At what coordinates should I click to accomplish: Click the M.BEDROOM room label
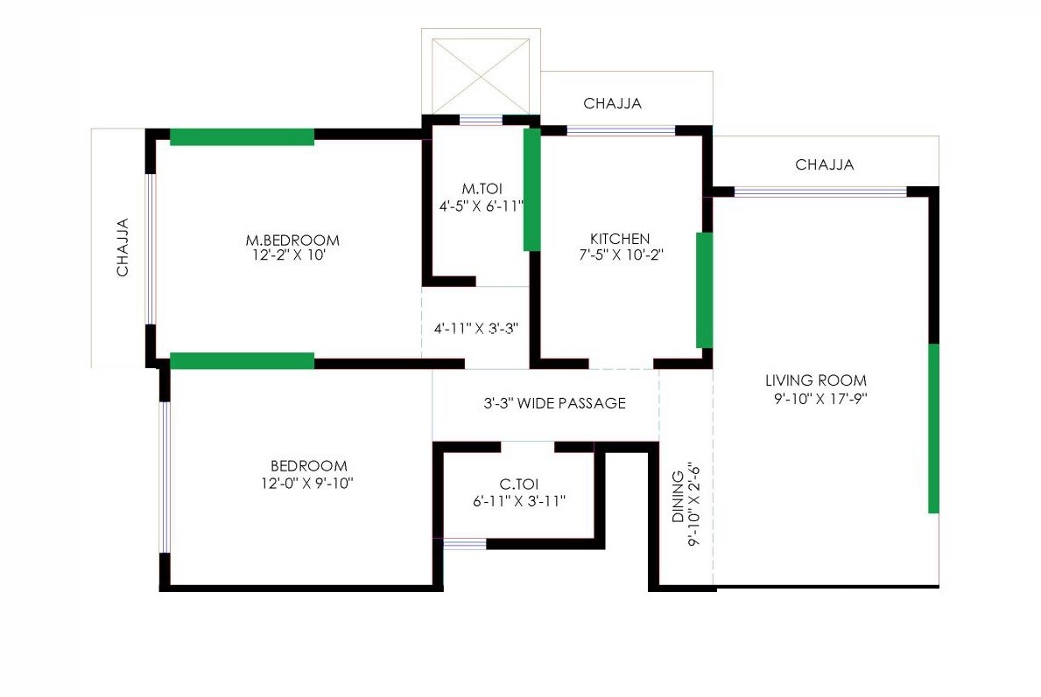(x=292, y=240)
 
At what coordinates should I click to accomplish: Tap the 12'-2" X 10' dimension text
(x=292, y=256)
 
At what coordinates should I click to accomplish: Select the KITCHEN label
(x=620, y=239)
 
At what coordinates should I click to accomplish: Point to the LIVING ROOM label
(x=816, y=380)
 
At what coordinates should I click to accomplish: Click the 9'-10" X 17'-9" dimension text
(x=816, y=398)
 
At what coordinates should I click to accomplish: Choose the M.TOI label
(x=481, y=189)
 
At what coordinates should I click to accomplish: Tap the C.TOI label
(x=518, y=484)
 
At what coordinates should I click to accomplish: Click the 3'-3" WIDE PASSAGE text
(x=555, y=403)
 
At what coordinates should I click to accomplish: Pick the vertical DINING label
(x=679, y=497)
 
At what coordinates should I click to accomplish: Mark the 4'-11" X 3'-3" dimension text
(x=477, y=329)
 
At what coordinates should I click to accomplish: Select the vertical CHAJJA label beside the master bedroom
(x=123, y=247)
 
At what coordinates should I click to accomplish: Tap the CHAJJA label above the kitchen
(x=613, y=103)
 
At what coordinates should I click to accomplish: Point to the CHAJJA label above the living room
(x=825, y=164)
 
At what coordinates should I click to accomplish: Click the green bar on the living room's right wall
(x=933, y=429)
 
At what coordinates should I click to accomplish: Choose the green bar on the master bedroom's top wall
(x=242, y=136)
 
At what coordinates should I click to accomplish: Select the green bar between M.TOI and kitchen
(x=531, y=190)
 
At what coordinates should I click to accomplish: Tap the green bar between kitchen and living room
(x=704, y=290)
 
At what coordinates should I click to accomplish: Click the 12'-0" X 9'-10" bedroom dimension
(x=308, y=483)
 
